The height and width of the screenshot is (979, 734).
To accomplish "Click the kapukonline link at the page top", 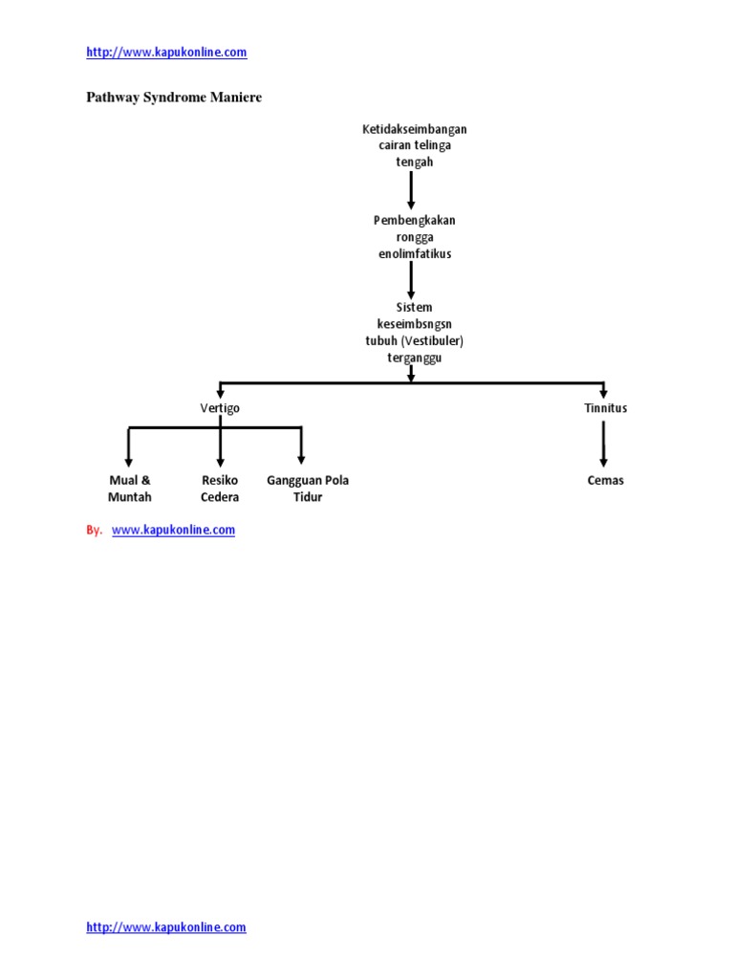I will click(x=166, y=53).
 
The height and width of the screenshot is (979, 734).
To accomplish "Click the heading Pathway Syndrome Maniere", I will click(x=174, y=98).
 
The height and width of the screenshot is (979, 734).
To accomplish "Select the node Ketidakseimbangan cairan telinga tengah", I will click(x=415, y=145).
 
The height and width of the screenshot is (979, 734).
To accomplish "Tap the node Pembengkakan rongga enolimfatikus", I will click(x=414, y=237).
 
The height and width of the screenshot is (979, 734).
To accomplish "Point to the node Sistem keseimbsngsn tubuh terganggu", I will click(x=414, y=333).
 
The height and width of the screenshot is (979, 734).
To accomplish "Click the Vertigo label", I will click(x=221, y=408).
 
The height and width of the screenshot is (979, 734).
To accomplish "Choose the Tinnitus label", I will click(x=605, y=408).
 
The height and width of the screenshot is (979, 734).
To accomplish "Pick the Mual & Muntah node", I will click(x=130, y=489).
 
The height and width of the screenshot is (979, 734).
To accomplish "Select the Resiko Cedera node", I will click(x=220, y=489).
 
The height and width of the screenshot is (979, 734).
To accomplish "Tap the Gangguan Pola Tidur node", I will click(x=308, y=489).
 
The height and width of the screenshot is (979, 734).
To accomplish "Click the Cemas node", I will click(x=605, y=480).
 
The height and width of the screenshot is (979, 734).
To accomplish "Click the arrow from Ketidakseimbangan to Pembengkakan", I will click(x=411, y=190).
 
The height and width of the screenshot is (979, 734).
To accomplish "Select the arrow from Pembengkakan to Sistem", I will click(x=411, y=280).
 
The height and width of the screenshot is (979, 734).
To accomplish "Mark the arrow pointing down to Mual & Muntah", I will click(x=129, y=447).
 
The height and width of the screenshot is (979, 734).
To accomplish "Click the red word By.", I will click(x=94, y=530).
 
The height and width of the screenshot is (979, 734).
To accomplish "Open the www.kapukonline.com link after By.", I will click(x=173, y=530).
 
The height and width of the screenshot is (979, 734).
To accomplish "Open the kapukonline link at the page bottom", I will click(x=166, y=927).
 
